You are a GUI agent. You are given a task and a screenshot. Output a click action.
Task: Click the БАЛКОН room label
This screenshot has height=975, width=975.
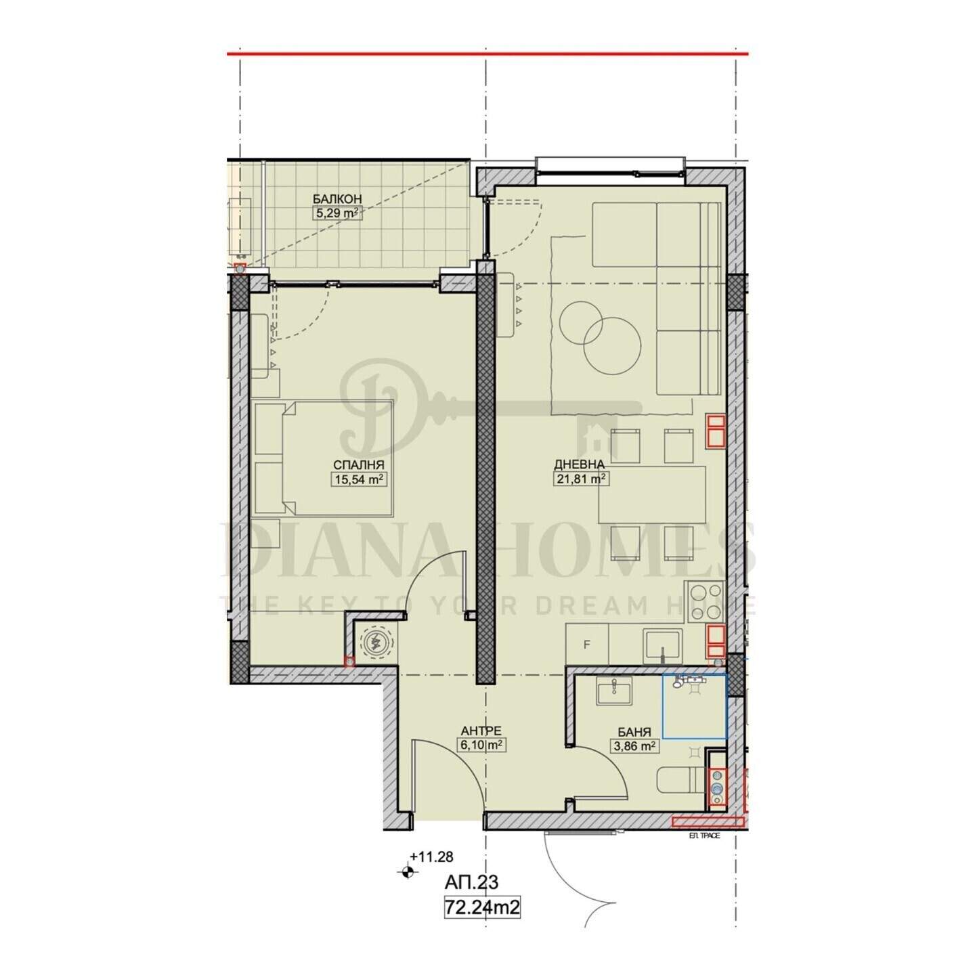pos(337,198)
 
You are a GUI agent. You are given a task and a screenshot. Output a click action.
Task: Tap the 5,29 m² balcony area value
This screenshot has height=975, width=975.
pos(337,213)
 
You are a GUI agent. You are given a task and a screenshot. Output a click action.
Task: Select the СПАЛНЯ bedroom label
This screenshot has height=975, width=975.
pos(359,464)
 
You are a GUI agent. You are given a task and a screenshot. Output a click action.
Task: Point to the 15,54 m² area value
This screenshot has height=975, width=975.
pos(359,479)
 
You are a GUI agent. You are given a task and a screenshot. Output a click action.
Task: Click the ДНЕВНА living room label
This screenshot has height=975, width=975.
pos(580,464)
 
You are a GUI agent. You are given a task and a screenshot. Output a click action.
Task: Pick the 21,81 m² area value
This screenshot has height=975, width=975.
pos(581,478)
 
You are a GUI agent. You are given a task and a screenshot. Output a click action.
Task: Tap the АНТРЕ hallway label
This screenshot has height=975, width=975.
pos(481,731)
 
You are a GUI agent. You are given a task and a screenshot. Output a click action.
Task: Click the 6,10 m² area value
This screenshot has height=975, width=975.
pos(481,745)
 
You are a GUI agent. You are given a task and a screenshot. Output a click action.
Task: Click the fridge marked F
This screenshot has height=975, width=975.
pos(587,644)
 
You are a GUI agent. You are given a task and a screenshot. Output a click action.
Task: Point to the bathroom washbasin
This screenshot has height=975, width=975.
pos(613,690)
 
